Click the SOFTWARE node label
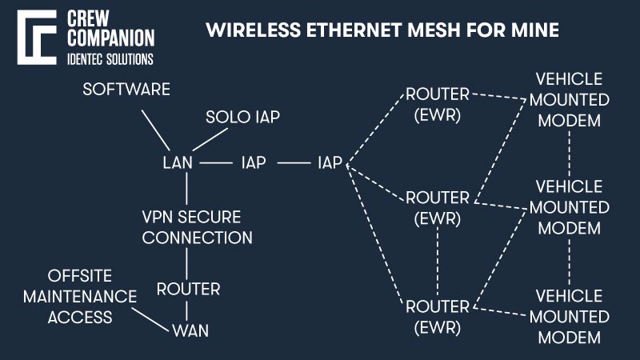pyautogui.click(x=126, y=89)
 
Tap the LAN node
pyautogui.click(x=178, y=162)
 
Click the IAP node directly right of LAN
pyautogui.click(x=254, y=162)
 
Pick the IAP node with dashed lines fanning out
pyautogui.click(x=330, y=162)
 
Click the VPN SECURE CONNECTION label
pyautogui.click(x=197, y=227)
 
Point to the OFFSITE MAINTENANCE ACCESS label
pyautogui.click(x=90, y=296)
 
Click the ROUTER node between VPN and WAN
pyautogui.click(x=188, y=288)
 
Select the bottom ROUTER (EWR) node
pyautogui.click(x=437, y=314)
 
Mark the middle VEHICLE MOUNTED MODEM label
pyautogui.click(x=569, y=207)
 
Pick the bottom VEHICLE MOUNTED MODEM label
pyautogui.click(x=569, y=316)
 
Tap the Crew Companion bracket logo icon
pyautogui.click(x=33, y=38)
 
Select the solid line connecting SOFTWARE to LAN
pyautogui.click(x=157, y=128)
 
